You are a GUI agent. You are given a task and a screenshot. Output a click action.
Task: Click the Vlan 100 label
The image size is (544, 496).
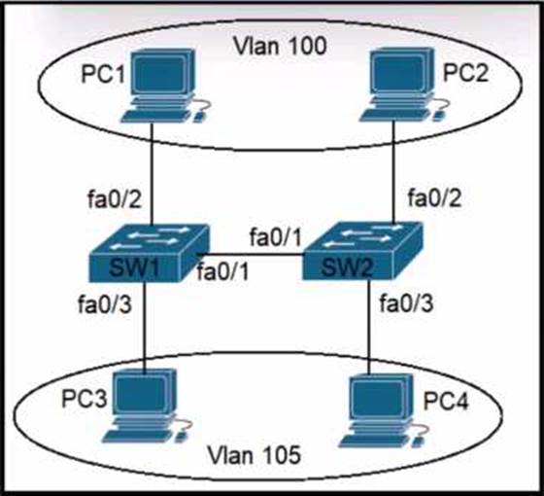(x=280, y=46)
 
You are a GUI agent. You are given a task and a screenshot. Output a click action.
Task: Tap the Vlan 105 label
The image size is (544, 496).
(x=254, y=455)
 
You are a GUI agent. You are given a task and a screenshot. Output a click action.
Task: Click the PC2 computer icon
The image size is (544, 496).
(x=403, y=85)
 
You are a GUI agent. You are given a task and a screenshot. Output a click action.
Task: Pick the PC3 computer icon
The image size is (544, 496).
(x=147, y=406)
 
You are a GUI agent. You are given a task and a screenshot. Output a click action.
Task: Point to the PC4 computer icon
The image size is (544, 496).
(x=384, y=410)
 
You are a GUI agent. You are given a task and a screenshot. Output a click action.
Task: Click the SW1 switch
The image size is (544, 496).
(x=149, y=253)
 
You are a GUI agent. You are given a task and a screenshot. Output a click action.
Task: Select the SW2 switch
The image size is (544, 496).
(x=362, y=251)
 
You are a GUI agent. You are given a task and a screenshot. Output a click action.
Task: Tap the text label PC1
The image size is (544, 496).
(x=103, y=74)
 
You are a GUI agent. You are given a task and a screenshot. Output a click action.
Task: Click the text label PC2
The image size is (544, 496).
(x=466, y=73)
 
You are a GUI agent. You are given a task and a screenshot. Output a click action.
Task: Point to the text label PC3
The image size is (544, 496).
(x=84, y=398)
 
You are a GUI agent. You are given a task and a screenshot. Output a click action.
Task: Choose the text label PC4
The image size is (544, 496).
(x=446, y=401)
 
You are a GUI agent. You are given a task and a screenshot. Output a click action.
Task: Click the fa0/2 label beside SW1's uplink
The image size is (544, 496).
(x=115, y=199)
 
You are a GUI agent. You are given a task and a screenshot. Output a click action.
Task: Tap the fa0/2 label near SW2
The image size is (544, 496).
(x=434, y=198)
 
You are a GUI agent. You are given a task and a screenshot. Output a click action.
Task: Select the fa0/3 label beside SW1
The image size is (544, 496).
(x=105, y=304)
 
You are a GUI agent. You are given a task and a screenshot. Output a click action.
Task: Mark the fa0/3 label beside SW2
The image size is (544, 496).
(x=406, y=302)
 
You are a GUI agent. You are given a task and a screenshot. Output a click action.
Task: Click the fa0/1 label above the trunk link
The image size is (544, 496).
(x=276, y=237)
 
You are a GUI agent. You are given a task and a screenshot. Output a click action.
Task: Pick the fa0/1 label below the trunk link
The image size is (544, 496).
(x=223, y=271)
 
